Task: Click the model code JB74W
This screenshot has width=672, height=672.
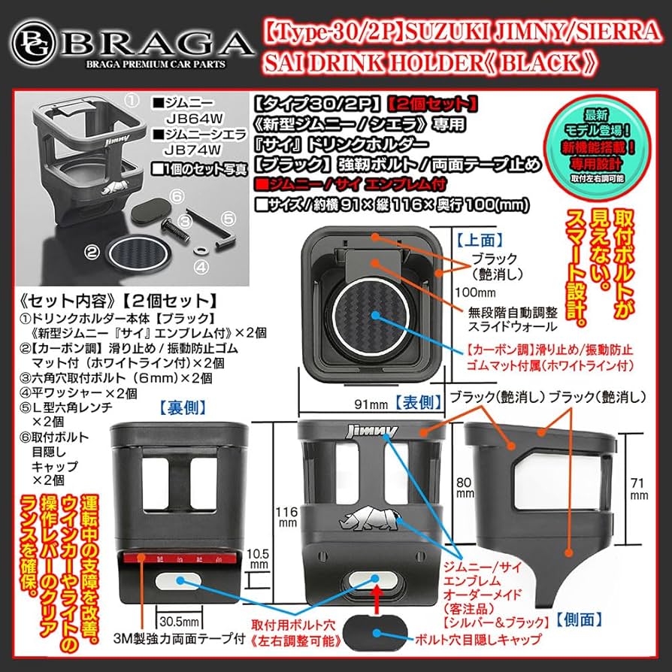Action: [188, 148]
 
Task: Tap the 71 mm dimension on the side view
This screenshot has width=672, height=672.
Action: [638, 489]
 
